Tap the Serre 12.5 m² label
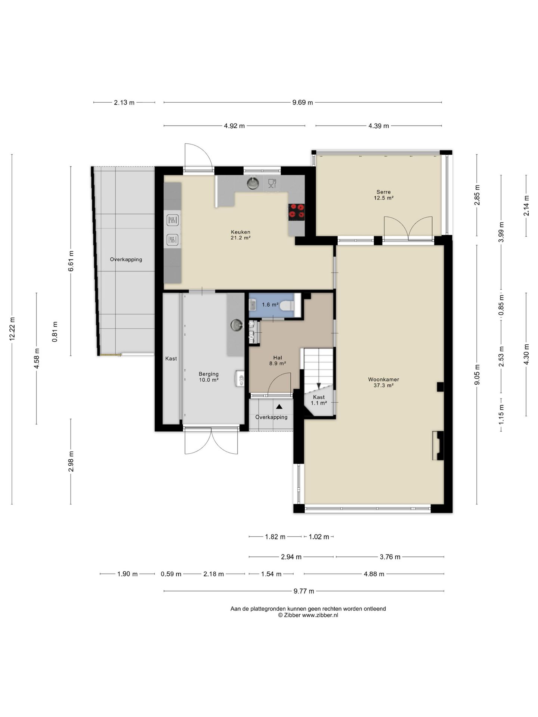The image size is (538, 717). coord(384,195)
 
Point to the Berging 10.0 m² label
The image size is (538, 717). coord(208,377)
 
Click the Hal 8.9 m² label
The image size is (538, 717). coord(278,360)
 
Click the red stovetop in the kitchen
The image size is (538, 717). coord(296,211)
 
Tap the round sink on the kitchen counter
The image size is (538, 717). coord(253,183)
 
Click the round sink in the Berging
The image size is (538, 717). coord(236,325)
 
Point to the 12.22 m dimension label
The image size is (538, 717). coord(12,329)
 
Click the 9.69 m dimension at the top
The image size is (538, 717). coord(303,102)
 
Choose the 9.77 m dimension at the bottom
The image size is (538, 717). coord(304,591)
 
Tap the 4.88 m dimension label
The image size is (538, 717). coord(374,574)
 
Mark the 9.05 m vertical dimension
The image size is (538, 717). coord(477,374)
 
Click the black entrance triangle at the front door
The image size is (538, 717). coord(279,406)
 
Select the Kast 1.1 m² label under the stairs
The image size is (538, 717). coord(319,400)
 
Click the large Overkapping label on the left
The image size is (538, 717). coord(126,260)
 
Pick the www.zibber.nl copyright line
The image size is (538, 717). coord(308,615)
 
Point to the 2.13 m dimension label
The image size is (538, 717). coord(124,102)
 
